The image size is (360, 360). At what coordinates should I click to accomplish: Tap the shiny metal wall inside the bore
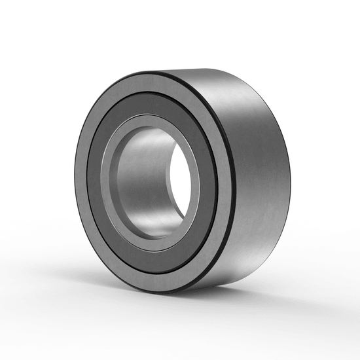(141, 177)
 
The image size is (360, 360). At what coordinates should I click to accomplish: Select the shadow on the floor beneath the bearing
(216, 298)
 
